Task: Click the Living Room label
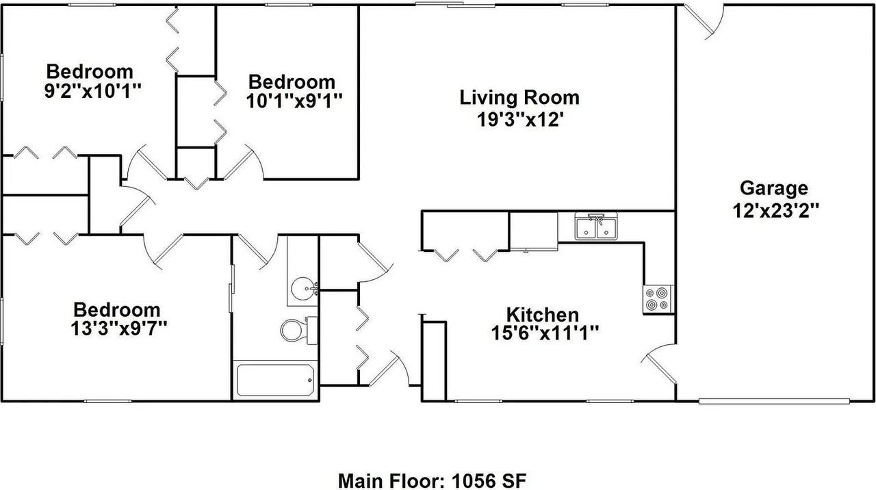519,97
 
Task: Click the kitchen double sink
597,227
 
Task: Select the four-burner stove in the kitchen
658,300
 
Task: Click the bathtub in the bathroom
275,380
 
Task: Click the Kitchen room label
542,315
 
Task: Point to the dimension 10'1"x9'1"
292,100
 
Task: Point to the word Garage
774,188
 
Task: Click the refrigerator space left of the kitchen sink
534,231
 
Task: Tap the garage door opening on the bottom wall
773,400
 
